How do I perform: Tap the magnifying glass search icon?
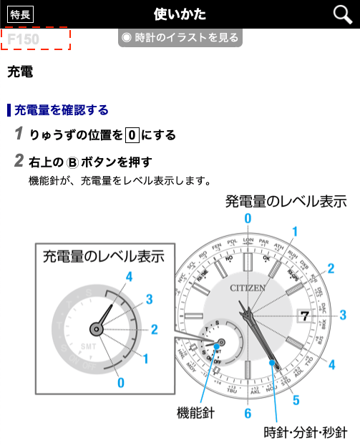click(343, 14)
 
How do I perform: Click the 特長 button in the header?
click(20, 14)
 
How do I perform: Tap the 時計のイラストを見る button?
click(180, 38)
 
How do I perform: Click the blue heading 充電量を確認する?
click(62, 109)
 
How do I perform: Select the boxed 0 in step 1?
click(131, 135)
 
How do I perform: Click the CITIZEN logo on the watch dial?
click(248, 288)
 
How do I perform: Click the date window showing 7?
click(303, 316)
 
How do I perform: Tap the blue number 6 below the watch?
click(248, 414)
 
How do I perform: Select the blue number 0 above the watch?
click(248, 218)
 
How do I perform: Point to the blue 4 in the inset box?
click(129, 275)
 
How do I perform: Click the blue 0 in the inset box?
click(120, 383)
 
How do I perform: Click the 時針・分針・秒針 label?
click(306, 432)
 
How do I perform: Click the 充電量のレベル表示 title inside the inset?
click(103, 255)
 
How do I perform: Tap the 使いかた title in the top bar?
click(180, 14)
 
